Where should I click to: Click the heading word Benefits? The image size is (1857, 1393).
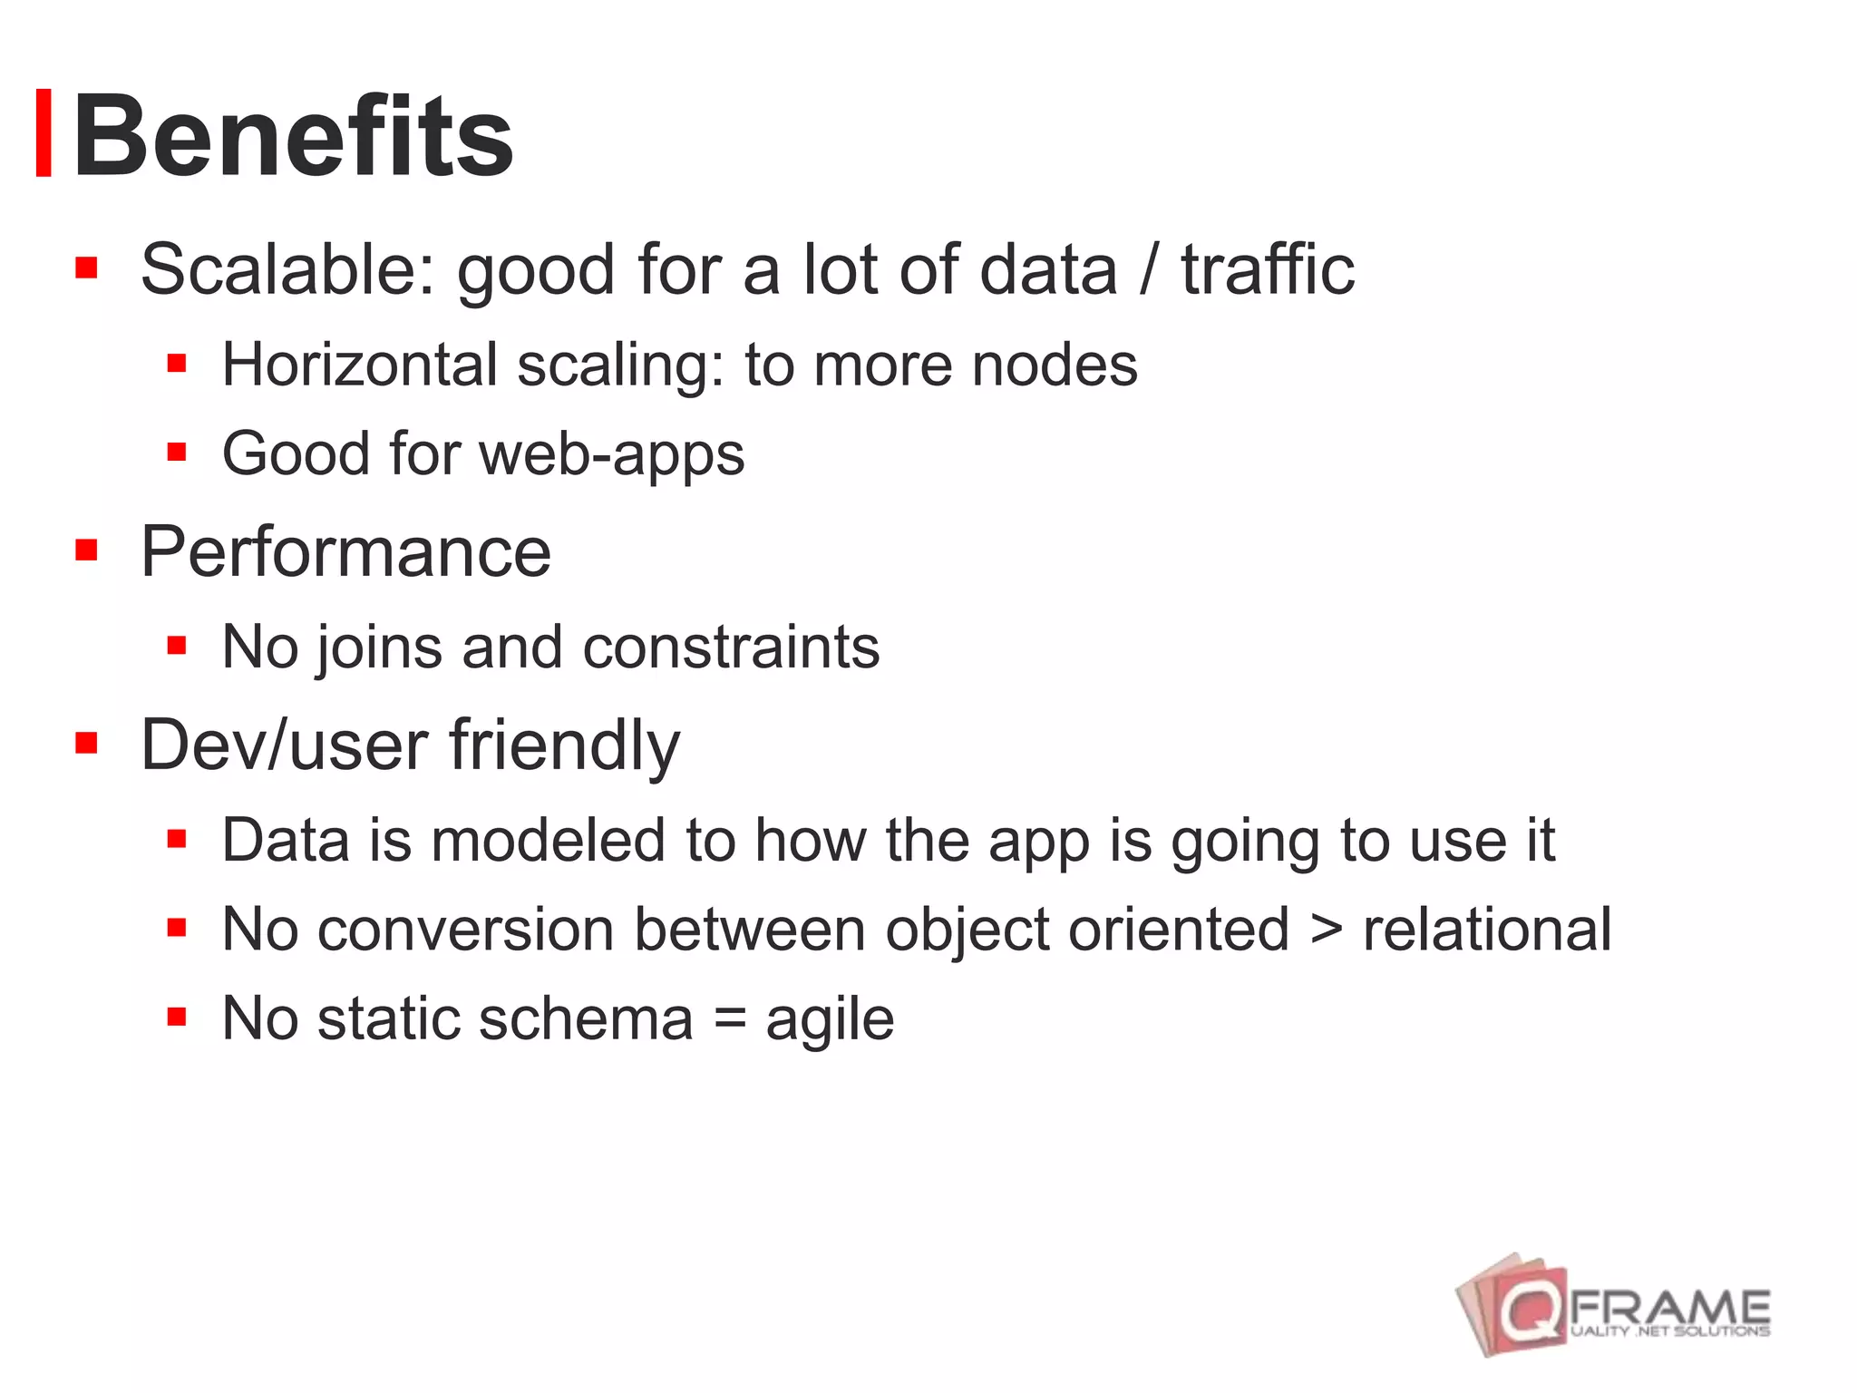tap(293, 136)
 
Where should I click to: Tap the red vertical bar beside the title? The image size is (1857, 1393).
tap(43, 133)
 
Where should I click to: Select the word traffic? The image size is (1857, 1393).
tap(1267, 269)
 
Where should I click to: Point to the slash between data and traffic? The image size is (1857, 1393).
tap(1149, 269)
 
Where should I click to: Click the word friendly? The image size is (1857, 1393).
tap(564, 745)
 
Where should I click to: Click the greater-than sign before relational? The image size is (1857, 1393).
tap(1326, 930)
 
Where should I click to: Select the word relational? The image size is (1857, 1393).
tap(1487, 929)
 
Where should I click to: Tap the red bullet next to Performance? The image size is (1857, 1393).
tap(86, 550)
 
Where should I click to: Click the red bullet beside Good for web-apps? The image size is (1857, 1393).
tap(177, 452)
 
